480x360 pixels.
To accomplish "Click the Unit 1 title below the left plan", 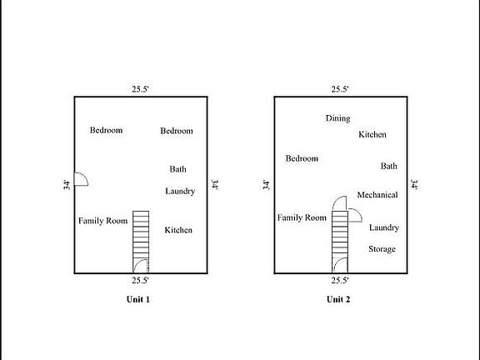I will click(x=138, y=299).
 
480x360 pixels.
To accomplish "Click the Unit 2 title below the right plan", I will click(x=338, y=299).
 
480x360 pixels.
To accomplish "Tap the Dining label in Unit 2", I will click(x=337, y=118).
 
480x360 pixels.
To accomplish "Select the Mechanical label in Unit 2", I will click(x=377, y=195).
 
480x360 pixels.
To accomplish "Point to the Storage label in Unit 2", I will click(x=382, y=249).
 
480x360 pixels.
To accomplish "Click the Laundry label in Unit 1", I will click(x=180, y=191).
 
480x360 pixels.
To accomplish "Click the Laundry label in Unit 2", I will click(x=383, y=227).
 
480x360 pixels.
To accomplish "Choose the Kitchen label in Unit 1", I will click(x=178, y=230).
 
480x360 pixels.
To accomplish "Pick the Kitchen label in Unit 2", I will click(x=372, y=134).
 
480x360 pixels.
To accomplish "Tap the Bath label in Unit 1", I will click(x=177, y=169).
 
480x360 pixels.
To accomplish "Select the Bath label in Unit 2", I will click(x=388, y=166).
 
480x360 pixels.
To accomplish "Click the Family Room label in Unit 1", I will click(x=102, y=221).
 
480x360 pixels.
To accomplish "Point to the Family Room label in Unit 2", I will click(x=302, y=217).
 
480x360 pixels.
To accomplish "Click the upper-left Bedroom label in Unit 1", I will click(x=107, y=130).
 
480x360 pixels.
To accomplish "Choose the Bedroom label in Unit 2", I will click(x=302, y=158).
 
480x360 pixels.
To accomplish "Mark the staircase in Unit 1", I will click(x=141, y=241).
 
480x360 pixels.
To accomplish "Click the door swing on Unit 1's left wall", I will click(x=81, y=179).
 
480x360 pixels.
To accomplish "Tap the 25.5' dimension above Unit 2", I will click(x=339, y=88).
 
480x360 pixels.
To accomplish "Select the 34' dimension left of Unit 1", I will click(x=67, y=184).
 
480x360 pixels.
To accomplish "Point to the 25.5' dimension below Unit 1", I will click(x=140, y=281).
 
